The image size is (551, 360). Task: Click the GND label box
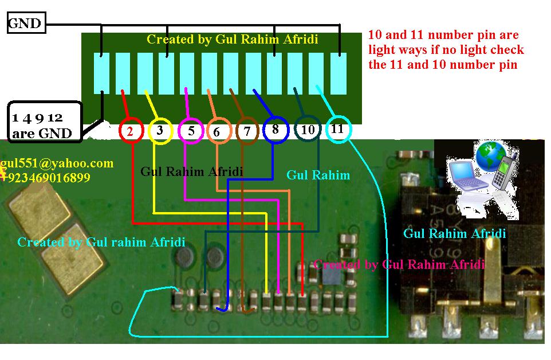25,24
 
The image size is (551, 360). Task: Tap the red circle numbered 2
131,131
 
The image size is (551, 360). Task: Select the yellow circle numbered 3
160,131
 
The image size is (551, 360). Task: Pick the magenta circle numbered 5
191,131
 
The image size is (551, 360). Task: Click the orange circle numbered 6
217,132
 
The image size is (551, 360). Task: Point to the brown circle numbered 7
247,131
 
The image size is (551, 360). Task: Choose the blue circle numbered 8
275,130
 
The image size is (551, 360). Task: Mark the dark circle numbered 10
308,130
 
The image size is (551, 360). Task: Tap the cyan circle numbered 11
337,129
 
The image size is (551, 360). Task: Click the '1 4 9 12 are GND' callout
44,125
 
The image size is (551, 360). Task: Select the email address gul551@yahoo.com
57,163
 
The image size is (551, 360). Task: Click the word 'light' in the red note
383,50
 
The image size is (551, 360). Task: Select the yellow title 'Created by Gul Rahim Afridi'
232,40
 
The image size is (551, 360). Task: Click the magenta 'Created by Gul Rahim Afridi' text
399,265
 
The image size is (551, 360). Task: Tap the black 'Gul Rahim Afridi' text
191,171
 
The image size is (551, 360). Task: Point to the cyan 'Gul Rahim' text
318,175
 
